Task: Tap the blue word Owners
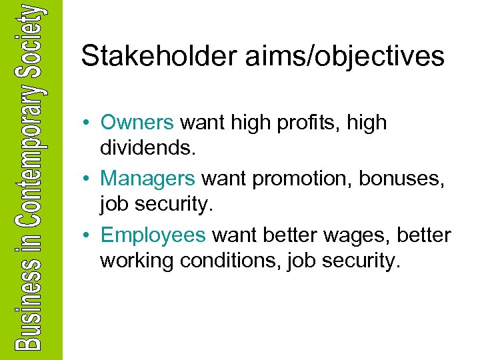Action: point(137,123)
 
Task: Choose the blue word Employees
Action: point(153,235)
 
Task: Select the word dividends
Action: point(147,147)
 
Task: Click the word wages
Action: point(361,235)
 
